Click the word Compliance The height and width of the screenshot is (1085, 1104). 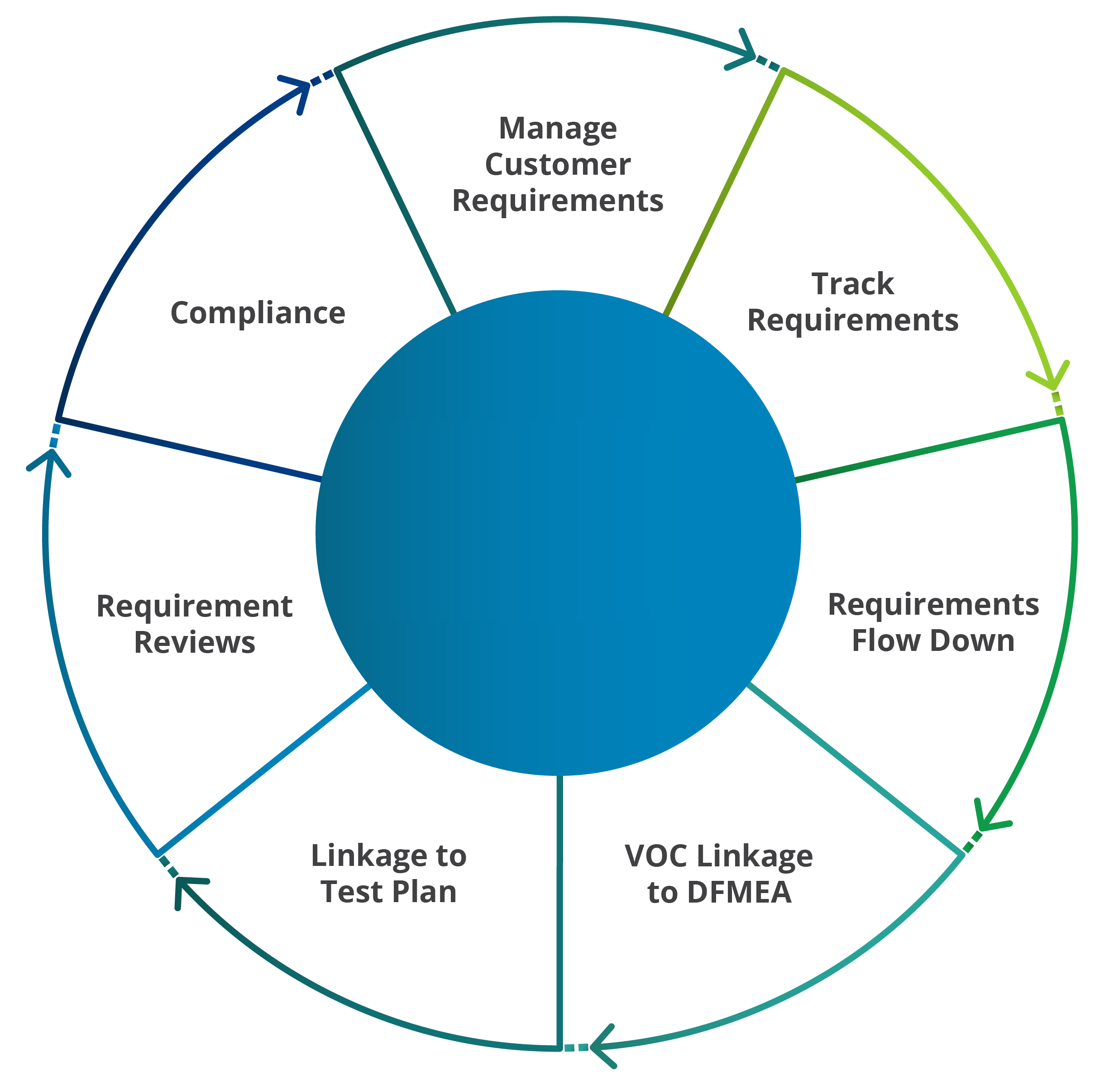(258, 313)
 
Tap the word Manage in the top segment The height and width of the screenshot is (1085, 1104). (557, 128)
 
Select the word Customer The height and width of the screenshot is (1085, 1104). (557, 165)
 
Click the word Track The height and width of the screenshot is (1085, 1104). (853, 284)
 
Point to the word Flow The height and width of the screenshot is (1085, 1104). (887, 640)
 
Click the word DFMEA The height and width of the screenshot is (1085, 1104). (739, 892)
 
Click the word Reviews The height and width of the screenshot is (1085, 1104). (194, 642)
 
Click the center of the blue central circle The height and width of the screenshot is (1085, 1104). (558, 533)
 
